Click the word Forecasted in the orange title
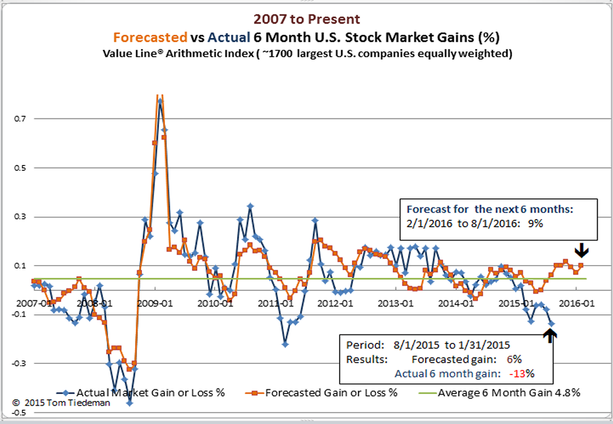tap(150, 38)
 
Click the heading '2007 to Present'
tap(307, 19)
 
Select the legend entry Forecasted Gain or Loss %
tap(330, 392)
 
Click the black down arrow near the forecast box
tap(582, 251)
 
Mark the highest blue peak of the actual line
tap(160, 101)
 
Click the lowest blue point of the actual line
tap(129, 403)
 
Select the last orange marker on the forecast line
tap(581, 265)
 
